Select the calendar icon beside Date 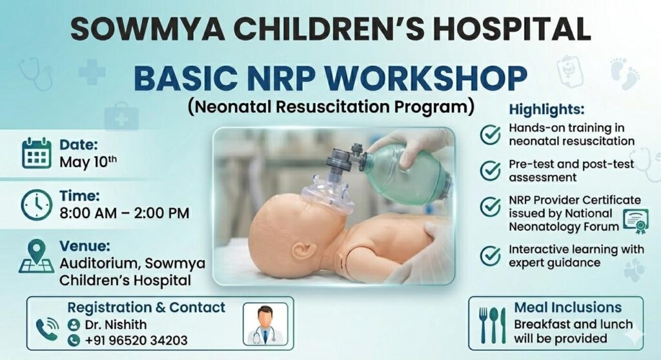pos(37,153)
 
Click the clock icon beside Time pos(37,205)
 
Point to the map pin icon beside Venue pos(37,256)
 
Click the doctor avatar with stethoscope pos(265,324)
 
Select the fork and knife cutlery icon pos(493,325)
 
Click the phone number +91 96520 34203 pos(136,340)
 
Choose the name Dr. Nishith pos(116,325)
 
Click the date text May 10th pos(88,161)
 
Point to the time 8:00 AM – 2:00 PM pos(125,213)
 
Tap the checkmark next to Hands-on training pos(491,134)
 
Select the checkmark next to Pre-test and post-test pos(491,170)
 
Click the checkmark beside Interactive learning pos(491,255)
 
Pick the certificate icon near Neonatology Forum pos(636,221)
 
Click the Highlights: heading pos(547,109)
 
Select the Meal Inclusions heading pos(568,307)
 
